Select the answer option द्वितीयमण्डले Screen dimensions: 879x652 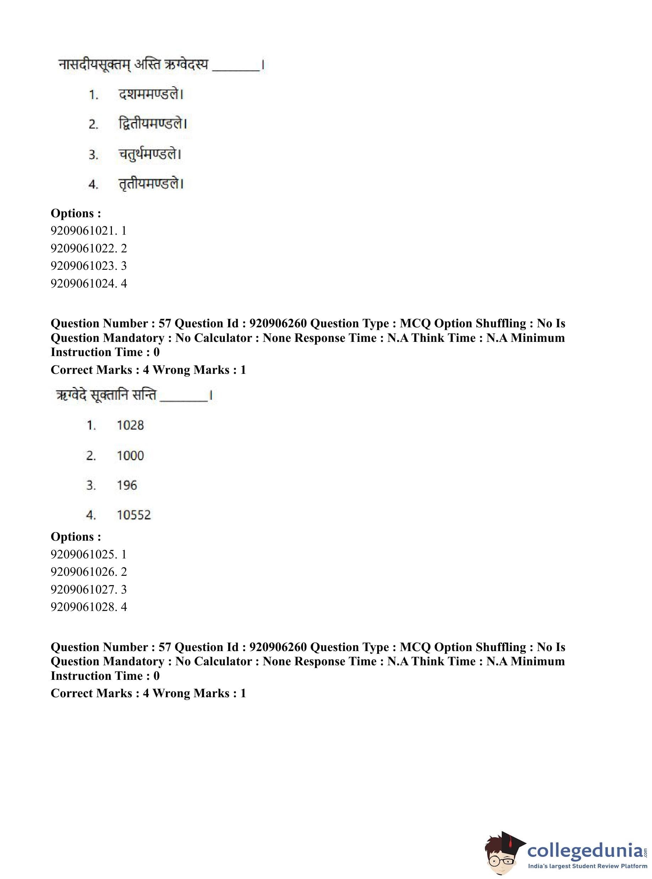152,124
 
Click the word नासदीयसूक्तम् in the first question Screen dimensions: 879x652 95,64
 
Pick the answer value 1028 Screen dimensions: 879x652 130,425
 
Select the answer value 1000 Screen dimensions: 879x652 130,456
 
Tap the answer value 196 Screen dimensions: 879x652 127,485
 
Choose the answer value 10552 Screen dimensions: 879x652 134,515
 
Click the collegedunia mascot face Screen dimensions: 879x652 501,853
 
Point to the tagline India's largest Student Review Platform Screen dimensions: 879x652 587,866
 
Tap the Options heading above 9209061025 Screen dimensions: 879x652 76,536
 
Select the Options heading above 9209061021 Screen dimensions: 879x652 76,213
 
